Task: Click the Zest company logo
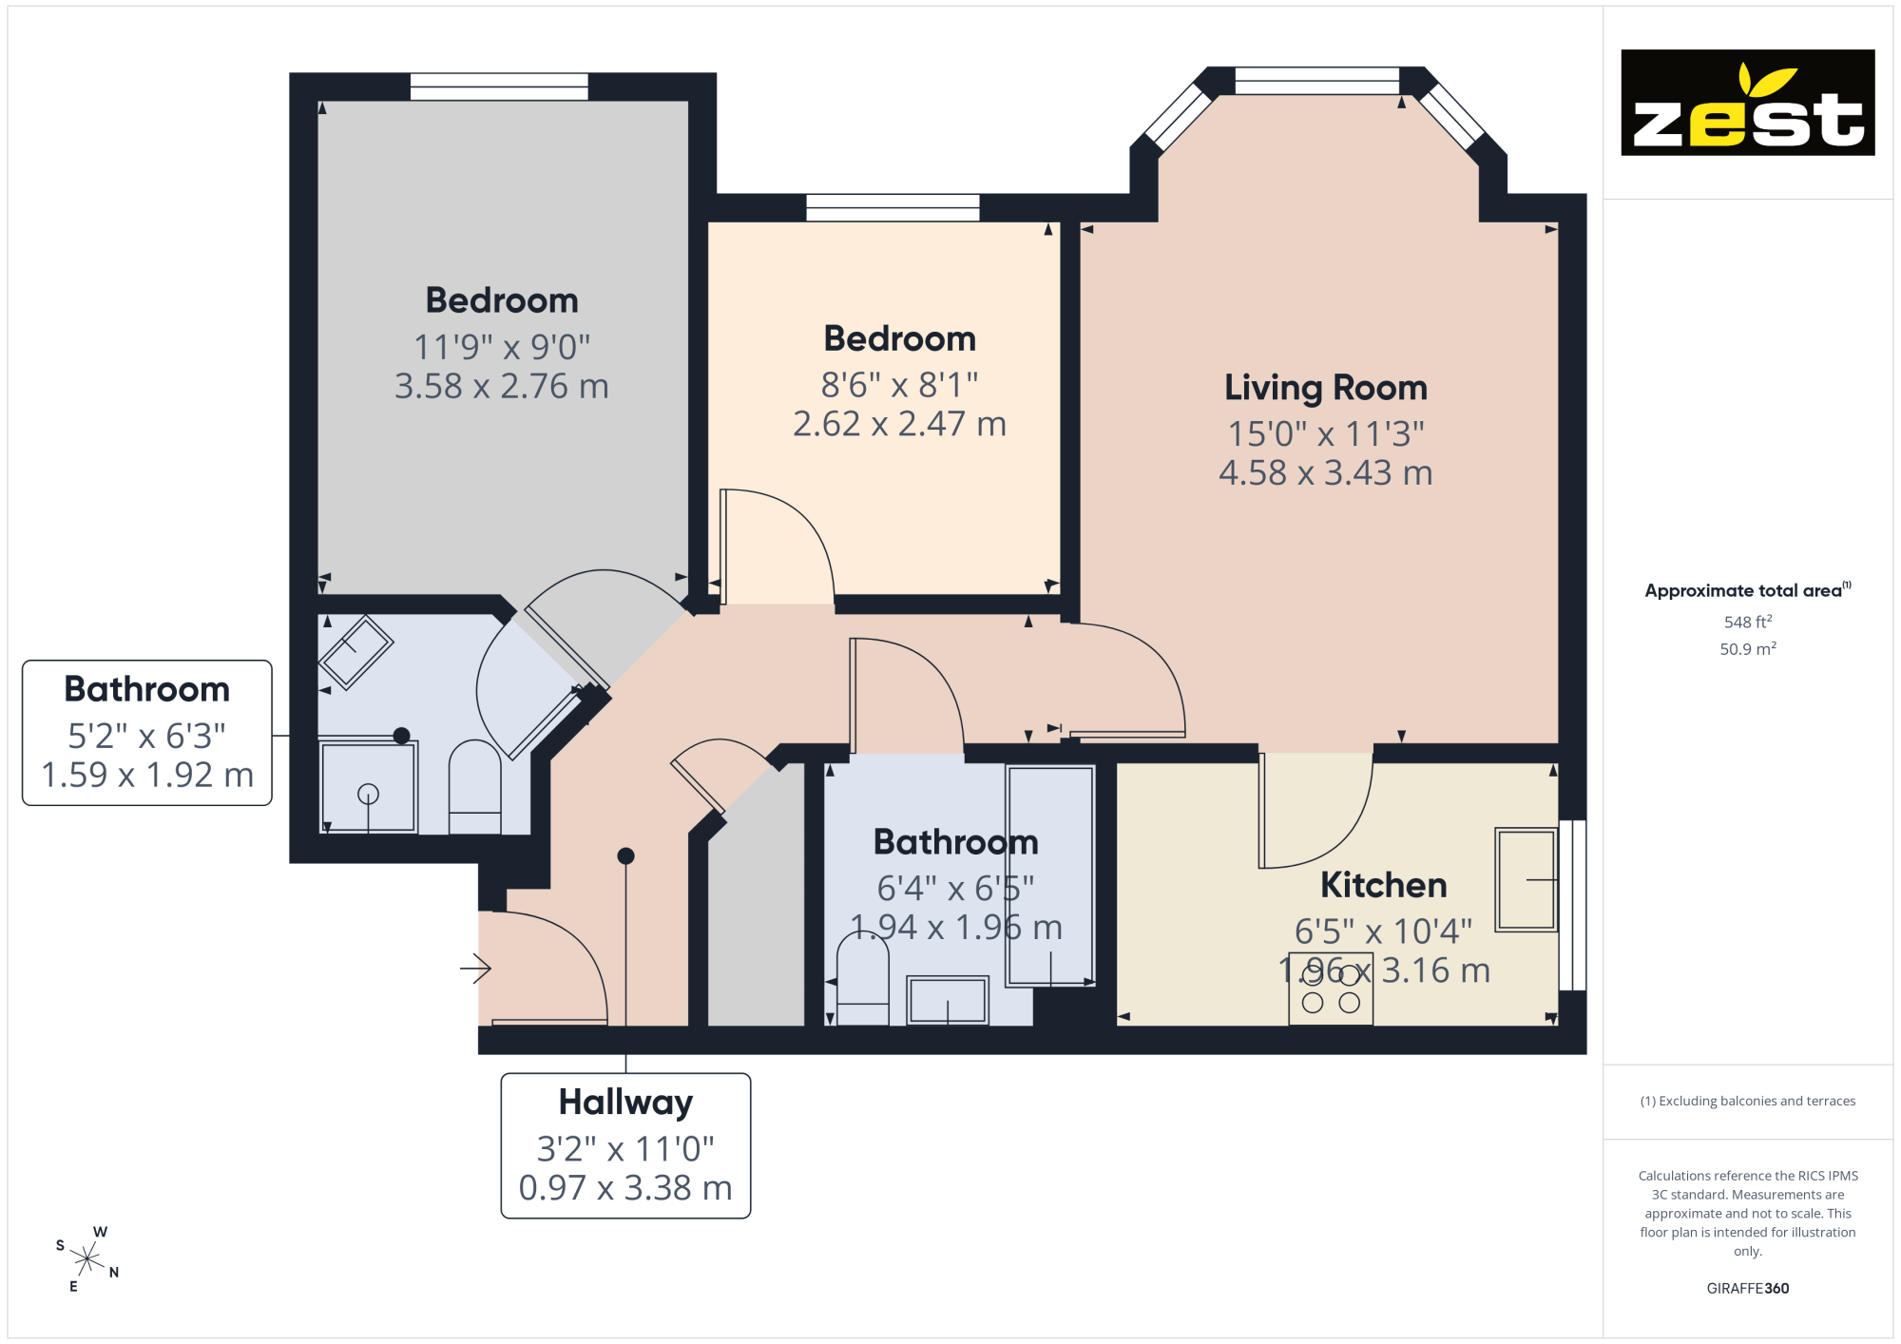pyautogui.click(x=1747, y=103)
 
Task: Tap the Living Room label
pyautogui.click(x=1326, y=388)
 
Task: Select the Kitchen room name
pyautogui.click(x=1383, y=885)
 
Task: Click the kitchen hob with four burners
pyautogui.click(x=1331, y=989)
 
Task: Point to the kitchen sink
pyautogui.click(x=1527, y=879)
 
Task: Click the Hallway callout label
pyautogui.click(x=625, y=1145)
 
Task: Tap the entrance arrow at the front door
pyautogui.click(x=475, y=969)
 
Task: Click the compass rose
pyautogui.click(x=87, y=1259)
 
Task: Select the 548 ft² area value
pyautogui.click(x=1748, y=622)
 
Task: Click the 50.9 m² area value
pyautogui.click(x=1748, y=649)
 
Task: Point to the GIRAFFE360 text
pyautogui.click(x=1747, y=1289)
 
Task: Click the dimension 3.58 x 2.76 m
pyautogui.click(x=502, y=386)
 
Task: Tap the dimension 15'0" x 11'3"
pyautogui.click(x=1326, y=433)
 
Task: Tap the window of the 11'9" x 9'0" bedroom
pyautogui.click(x=499, y=86)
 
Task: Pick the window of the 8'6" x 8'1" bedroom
pyautogui.click(x=893, y=207)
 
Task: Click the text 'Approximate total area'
pyautogui.click(x=1743, y=590)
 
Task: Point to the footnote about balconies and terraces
pyautogui.click(x=1747, y=1101)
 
